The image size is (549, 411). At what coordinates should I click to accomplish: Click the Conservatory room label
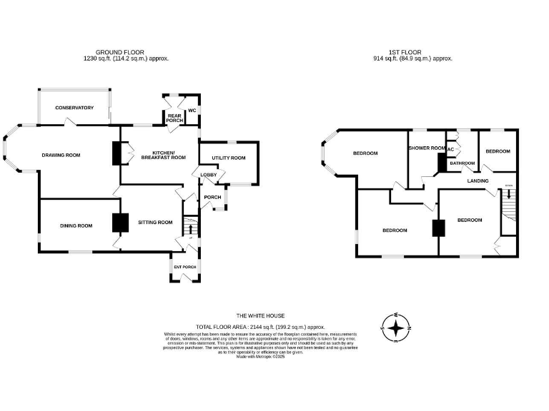(x=75, y=108)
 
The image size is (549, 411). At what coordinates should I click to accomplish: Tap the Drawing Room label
(x=61, y=156)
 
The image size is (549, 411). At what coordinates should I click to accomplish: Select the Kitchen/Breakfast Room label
(x=169, y=155)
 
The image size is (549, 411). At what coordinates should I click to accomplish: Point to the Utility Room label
(x=229, y=158)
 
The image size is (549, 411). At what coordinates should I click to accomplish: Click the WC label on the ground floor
(x=192, y=111)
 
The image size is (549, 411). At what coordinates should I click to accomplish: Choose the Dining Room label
(x=76, y=226)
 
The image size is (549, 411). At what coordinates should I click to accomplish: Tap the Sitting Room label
(x=156, y=222)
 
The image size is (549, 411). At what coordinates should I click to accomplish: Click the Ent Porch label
(x=184, y=267)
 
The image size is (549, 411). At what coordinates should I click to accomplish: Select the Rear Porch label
(x=174, y=118)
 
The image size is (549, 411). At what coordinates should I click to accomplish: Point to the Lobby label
(x=208, y=175)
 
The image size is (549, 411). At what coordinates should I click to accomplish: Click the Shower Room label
(x=427, y=148)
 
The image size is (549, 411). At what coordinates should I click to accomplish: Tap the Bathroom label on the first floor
(x=462, y=163)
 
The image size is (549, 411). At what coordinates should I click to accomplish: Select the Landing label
(x=478, y=181)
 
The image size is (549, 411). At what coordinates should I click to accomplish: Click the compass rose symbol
(x=397, y=328)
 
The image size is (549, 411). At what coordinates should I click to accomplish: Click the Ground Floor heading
(x=120, y=52)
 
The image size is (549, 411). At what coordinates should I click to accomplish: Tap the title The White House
(x=261, y=315)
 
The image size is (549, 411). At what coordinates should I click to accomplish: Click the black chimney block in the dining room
(x=119, y=223)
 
